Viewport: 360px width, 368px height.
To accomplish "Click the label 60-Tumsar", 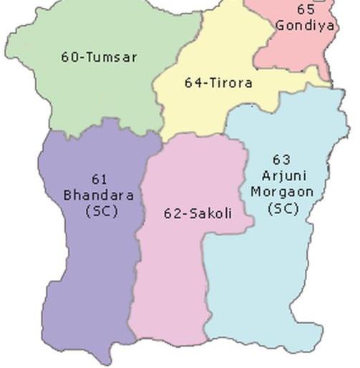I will pyautogui.click(x=99, y=57).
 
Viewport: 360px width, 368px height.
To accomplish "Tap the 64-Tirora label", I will pyautogui.click(x=218, y=83).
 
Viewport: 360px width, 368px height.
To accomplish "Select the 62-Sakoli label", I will pyautogui.click(x=198, y=213).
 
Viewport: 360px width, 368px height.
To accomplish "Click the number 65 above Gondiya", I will pyautogui.click(x=306, y=10).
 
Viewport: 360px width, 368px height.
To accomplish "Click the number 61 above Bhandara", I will pyautogui.click(x=100, y=179).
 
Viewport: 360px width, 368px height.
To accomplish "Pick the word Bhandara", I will pyautogui.click(x=99, y=195).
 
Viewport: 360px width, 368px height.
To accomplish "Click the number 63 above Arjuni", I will pyautogui.click(x=281, y=160).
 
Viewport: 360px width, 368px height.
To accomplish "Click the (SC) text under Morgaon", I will pyautogui.click(x=282, y=208).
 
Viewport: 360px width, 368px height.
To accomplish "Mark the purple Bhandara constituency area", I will pyautogui.click(x=86, y=272).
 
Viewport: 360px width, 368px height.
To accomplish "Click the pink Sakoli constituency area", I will pyautogui.click(x=172, y=279).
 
